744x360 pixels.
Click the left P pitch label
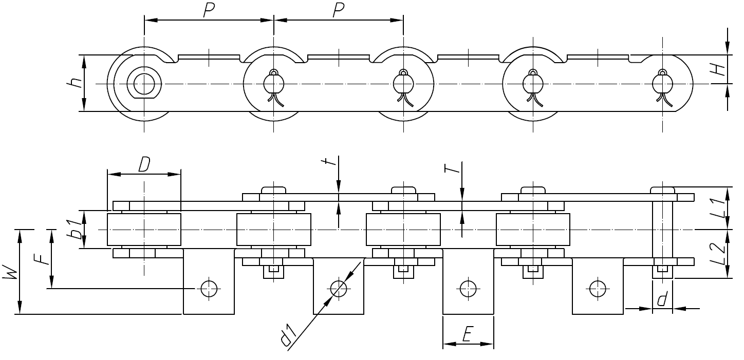click(209, 10)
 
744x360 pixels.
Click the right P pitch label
click(338, 10)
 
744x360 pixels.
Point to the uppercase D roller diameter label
click(144, 164)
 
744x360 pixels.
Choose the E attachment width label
click(467, 334)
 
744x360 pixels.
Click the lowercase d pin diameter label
click(663, 299)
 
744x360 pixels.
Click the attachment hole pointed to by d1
click(338, 289)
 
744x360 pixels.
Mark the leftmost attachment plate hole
click(209, 289)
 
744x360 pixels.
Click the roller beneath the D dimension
click(144, 230)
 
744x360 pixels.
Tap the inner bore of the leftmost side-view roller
click(144, 83)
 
